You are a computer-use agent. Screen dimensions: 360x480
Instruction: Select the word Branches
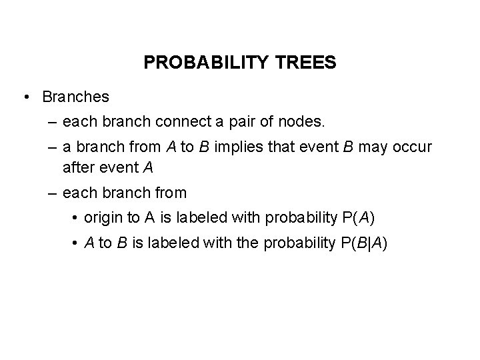[x=75, y=97]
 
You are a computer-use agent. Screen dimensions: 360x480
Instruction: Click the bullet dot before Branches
[x=25, y=97]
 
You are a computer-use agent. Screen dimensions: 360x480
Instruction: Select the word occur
[x=414, y=148]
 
